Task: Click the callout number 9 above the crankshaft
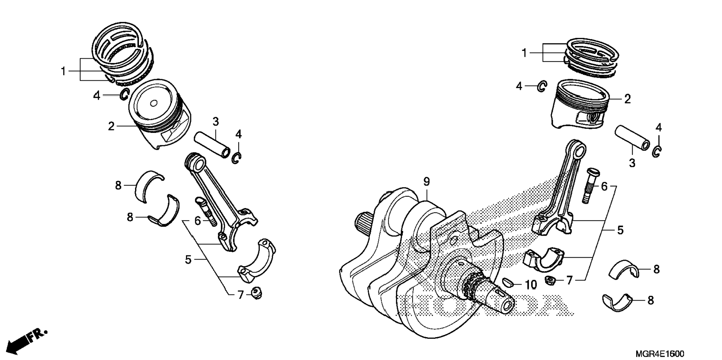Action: [x=426, y=182]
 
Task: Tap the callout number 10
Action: [x=530, y=285]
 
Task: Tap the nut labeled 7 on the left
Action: [x=256, y=293]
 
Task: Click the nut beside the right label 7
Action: [x=550, y=280]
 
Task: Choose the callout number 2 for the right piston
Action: [x=627, y=99]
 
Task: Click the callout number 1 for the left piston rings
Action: [x=63, y=71]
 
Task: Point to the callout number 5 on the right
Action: [x=620, y=230]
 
